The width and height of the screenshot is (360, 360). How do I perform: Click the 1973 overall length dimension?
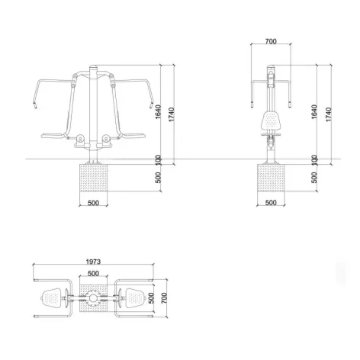pyautogui.click(x=94, y=261)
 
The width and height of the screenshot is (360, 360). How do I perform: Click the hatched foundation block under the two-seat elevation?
pyautogui.click(x=93, y=185)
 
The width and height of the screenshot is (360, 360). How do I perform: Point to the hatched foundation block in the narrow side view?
pyautogui.click(x=271, y=185)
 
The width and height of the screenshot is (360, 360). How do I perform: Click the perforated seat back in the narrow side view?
pyautogui.click(x=271, y=119)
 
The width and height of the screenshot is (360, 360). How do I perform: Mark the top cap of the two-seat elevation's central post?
pyautogui.click(x=93, y=67)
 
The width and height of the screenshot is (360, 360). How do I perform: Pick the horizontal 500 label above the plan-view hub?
pyautogui.click(x=93, y=273)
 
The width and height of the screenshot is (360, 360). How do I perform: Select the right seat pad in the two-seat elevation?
pyautogui.click(x=134, y=136)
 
